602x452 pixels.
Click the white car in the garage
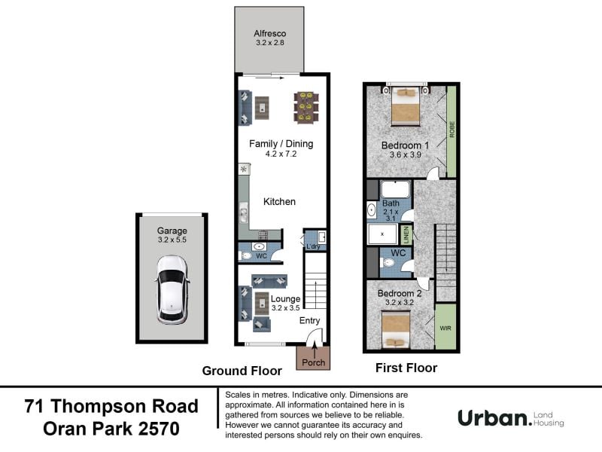[172, 290]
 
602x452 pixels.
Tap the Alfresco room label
[270, 33]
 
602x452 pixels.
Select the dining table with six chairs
[306, 107]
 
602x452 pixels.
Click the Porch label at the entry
[313, 362]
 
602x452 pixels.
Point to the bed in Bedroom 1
[405, 106]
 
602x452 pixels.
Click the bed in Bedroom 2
[396, 329]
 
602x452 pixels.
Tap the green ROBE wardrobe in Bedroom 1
[451, 131]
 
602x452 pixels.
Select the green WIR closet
[445, 327]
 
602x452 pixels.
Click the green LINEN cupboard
[406, 234]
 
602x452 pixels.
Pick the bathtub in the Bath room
[396, 190]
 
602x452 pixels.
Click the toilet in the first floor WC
[388, 263]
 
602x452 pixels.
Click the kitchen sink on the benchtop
[243, 212]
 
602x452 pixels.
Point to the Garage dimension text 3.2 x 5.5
[172, 240]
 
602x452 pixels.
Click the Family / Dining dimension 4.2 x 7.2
[281, 154]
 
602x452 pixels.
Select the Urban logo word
[495, 418]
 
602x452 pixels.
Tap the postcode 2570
[159, 429]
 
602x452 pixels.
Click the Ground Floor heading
[242, 371]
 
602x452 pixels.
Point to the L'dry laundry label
[313, 246]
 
